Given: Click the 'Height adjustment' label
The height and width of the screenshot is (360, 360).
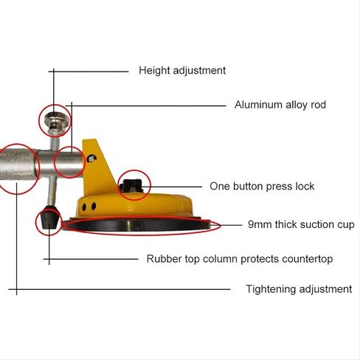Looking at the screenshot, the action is pos(182,71).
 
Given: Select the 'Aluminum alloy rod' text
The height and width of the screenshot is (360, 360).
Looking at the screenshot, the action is pos(280,105).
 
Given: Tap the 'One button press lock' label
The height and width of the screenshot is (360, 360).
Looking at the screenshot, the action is pos(262,187).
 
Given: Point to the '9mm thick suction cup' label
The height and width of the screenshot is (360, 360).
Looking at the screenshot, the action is pos(301,225).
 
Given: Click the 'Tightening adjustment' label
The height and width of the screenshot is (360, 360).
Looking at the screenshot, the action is pos(299,289).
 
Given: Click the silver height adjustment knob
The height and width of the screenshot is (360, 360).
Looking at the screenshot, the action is pos(55,120).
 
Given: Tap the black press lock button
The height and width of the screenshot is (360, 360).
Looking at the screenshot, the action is pos(131,186).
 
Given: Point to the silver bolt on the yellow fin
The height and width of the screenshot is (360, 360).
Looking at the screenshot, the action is pos(92,158).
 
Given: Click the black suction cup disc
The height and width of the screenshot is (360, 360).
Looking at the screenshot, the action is pos(136,225).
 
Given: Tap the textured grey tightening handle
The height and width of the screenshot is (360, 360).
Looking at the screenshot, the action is pos(18,165).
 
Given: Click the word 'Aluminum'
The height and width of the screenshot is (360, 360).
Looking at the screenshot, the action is pos(258,105).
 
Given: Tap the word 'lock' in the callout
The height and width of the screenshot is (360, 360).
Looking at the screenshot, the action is pos(305,186).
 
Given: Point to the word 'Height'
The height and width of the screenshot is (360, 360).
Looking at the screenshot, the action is pos(154,71).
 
